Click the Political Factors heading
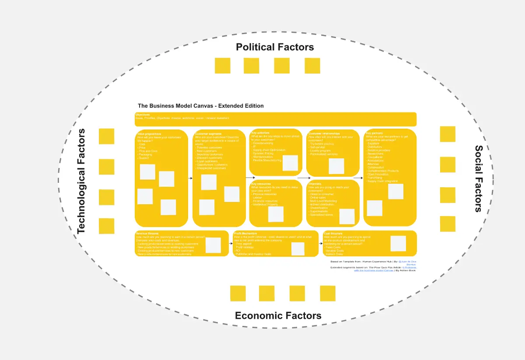click(x=275, y=47)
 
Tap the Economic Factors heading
click(x=278, y=316)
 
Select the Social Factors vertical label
click(x=479, y=178)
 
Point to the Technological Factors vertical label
click(x=82, y=181)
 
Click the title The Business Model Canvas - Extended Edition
click(x=201, y=106)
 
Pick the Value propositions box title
click(x=149, y=134)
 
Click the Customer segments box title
click(x=208, y=134)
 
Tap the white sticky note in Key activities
click(x=290, y=163)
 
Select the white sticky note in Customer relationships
click(x=336, y=166)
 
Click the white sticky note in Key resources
click(x=276, y=214)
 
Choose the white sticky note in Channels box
click(x=347, y=217)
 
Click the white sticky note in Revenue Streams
click(x=213, y=245)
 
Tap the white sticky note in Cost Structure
click(x=398, y=244)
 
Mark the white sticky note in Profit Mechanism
click(x=298, y=249)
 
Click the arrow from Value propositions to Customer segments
click(x=190, y=178)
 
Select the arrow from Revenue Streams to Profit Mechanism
click(x=231, y=243)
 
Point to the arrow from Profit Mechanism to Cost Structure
click(x=321, y=243)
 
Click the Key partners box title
click(x=374, y=133)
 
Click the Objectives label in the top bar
click(x=143, y=115)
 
